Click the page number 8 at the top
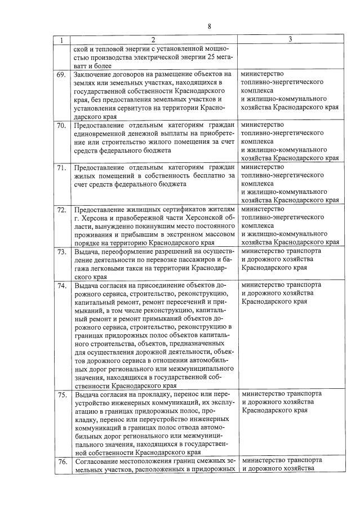208,26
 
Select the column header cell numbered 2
152,39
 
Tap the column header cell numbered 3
290,39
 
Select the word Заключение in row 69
94,74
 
